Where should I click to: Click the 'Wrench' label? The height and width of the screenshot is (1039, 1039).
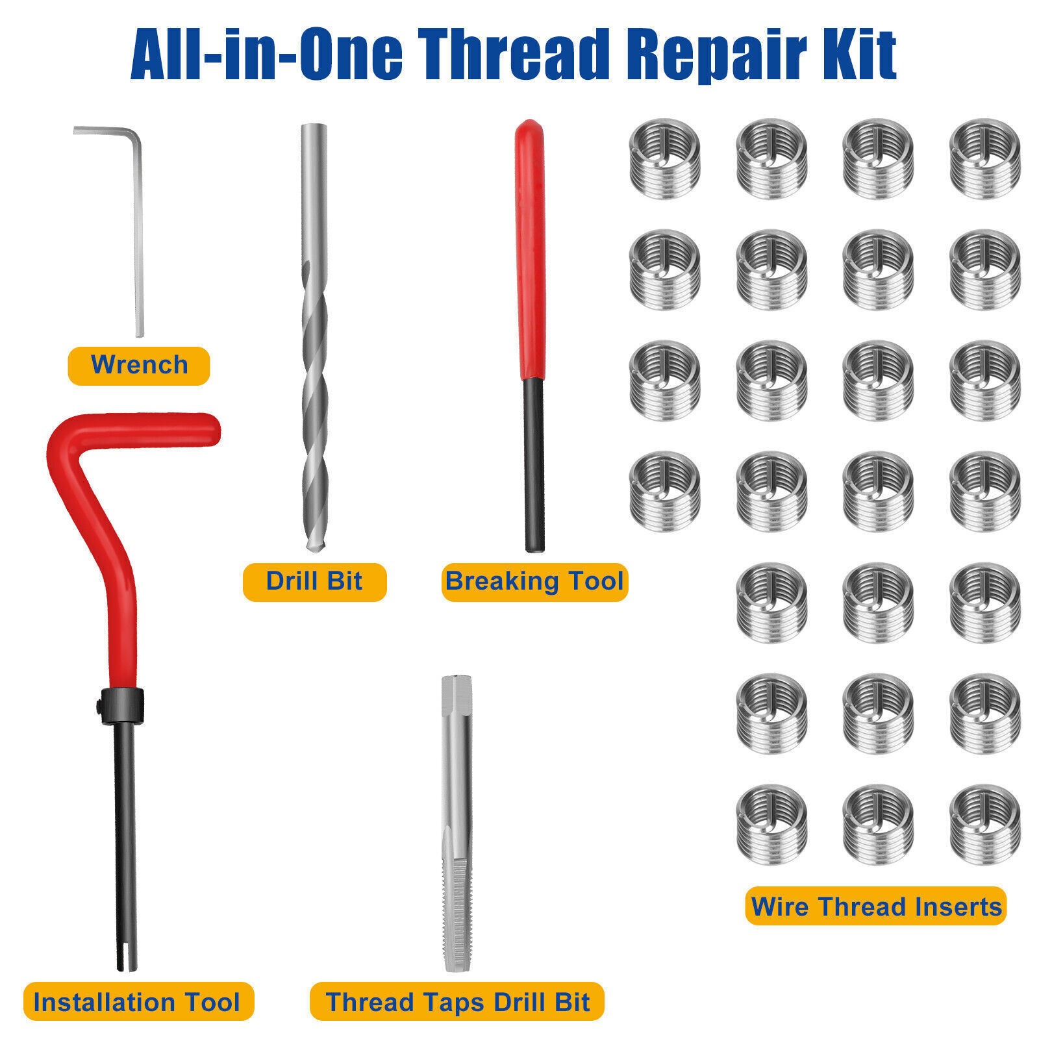139,366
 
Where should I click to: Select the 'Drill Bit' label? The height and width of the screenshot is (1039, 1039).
314,581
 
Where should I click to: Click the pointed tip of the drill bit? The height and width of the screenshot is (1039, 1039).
314,549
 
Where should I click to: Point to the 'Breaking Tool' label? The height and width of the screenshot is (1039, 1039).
534,581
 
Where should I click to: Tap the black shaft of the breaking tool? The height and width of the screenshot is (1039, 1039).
534,468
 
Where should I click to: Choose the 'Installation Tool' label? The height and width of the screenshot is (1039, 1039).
136,1002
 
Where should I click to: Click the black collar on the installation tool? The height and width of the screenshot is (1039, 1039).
124,705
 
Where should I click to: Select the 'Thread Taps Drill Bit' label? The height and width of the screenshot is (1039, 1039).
458,1002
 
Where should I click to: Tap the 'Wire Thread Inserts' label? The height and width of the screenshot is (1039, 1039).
876,906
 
